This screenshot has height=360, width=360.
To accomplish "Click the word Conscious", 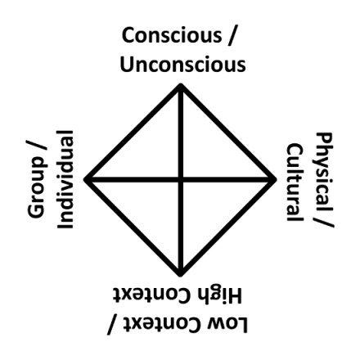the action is [x=172, y=35].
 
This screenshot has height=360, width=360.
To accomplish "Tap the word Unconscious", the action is [x=183, y=65].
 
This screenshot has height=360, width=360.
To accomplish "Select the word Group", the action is [x=36, y=187].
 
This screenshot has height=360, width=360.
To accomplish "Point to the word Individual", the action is [x=65, y=179].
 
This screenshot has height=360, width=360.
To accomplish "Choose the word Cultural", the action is [x=295, y=182].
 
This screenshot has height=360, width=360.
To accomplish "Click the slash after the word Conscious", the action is [x=231, y=36].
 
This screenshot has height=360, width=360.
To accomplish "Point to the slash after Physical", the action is [x=325, y=218].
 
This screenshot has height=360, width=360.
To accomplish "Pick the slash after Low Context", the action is [x=113, y=326].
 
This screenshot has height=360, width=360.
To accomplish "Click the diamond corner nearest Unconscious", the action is [x=180, y=85].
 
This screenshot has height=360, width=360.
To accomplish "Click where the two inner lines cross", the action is [x=180, y=180].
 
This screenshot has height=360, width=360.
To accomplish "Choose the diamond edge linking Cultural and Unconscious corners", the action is [x=227, y=133].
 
